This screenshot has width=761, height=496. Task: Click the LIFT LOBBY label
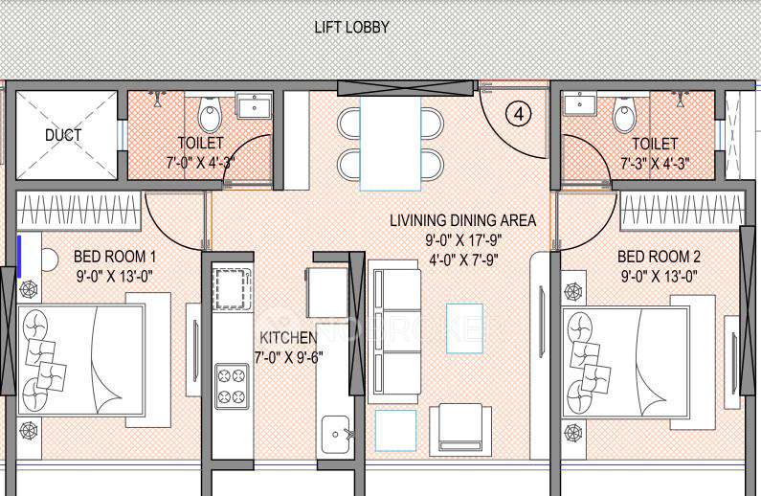point(351,27)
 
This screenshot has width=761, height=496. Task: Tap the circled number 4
point(518,114)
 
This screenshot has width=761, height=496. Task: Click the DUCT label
point(63,135)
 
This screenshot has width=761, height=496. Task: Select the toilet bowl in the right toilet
point(624,115)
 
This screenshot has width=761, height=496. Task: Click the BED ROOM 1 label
point(114,257)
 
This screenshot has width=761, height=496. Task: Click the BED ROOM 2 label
point(659,257)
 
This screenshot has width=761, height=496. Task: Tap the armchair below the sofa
point(461,428)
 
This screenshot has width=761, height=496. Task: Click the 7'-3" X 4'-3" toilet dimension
point(655,162)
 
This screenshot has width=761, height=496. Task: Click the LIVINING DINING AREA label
point(462,220)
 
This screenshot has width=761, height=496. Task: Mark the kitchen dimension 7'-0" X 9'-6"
point(287,357)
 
